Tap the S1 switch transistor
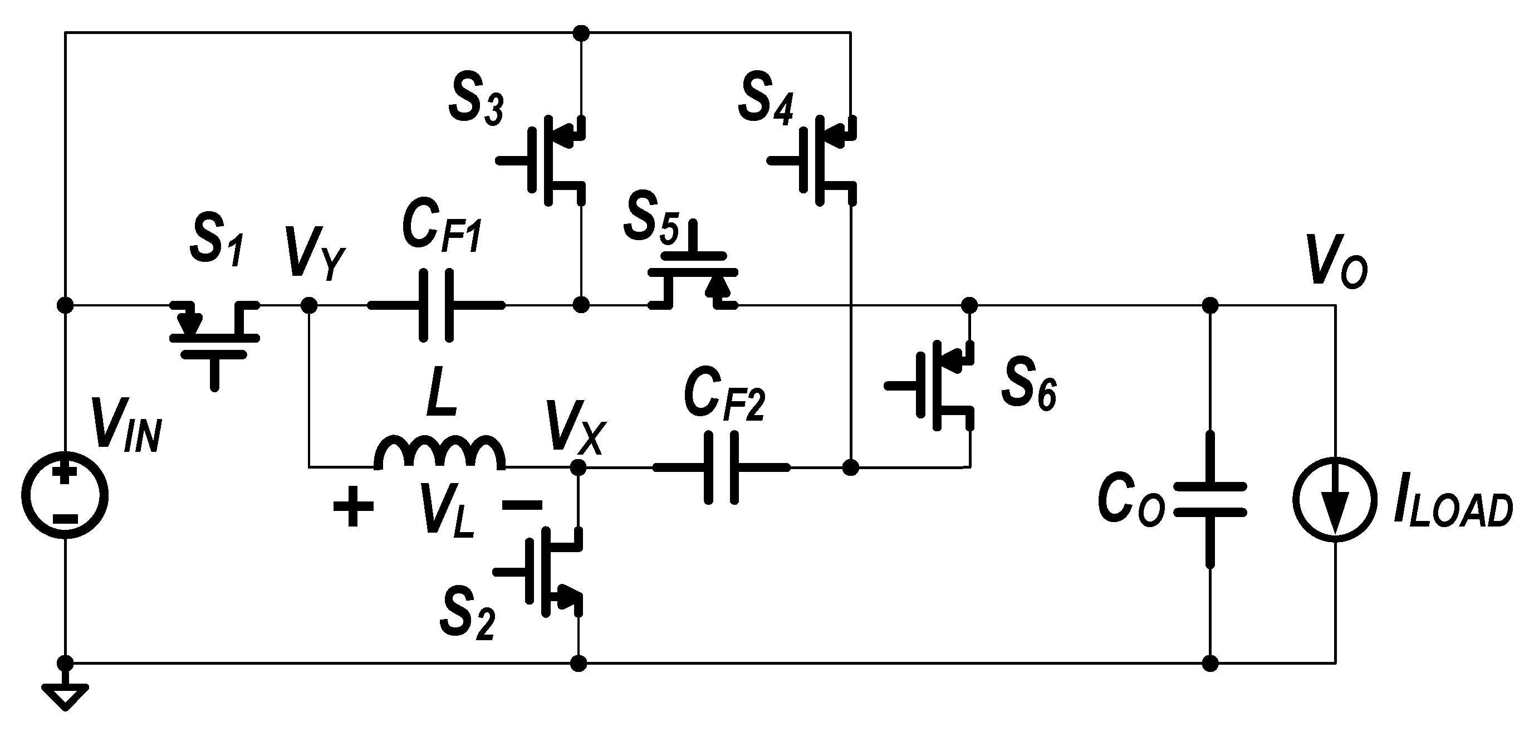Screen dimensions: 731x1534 (x=214, y=337)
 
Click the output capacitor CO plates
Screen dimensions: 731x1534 (x=1209, y=499)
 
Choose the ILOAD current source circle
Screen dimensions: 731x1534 (x=1335, y=499)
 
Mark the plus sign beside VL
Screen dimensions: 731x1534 (x=354, y=506)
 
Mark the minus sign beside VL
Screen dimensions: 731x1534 (x=522, y=506)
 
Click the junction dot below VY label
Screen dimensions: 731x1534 (x=308, y=306)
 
